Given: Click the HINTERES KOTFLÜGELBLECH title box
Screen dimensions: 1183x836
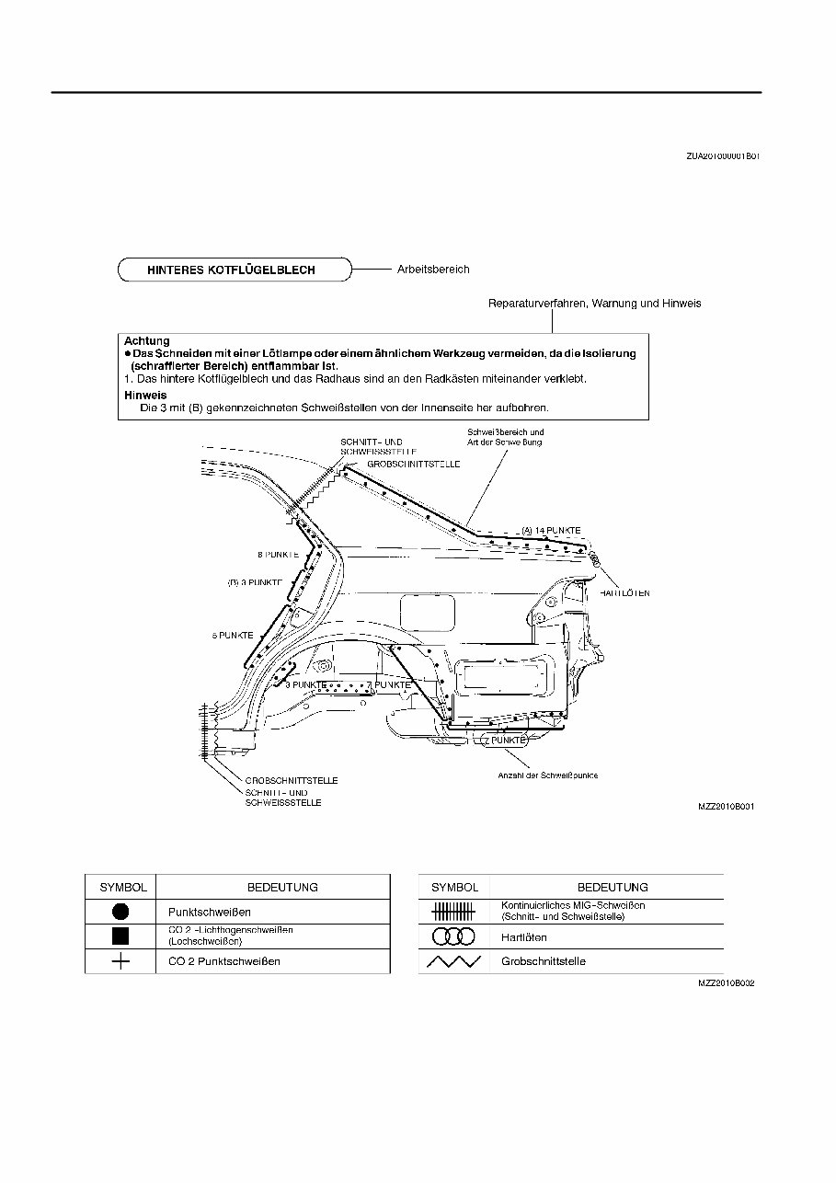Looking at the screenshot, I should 235,270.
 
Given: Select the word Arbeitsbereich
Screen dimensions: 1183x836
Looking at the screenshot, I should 433,270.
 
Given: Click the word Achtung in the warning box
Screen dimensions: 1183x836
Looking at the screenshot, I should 147,341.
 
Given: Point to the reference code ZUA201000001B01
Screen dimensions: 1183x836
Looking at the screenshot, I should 722,156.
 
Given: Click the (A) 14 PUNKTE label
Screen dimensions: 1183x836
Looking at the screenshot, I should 551,531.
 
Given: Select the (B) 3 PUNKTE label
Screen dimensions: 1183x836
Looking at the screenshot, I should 255,582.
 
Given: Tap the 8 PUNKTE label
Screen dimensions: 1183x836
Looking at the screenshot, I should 276,555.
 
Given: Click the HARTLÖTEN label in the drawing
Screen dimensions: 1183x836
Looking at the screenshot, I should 624,593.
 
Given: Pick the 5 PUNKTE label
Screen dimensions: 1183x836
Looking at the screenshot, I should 233,636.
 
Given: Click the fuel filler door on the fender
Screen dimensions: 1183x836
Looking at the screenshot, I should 428,611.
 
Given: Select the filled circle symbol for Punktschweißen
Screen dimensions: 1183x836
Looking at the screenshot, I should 121,912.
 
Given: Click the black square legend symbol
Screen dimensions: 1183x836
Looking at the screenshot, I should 121,936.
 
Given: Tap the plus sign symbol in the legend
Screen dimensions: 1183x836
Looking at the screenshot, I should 121,961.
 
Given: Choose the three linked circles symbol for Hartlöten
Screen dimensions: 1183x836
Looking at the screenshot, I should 453,936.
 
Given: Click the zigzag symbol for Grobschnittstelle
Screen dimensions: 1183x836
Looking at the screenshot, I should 453,961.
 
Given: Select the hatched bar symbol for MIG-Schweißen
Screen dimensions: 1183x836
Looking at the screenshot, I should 453,911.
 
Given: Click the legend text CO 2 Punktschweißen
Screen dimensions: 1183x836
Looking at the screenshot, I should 224,961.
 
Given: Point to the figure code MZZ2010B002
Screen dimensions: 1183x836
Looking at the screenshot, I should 727,982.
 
